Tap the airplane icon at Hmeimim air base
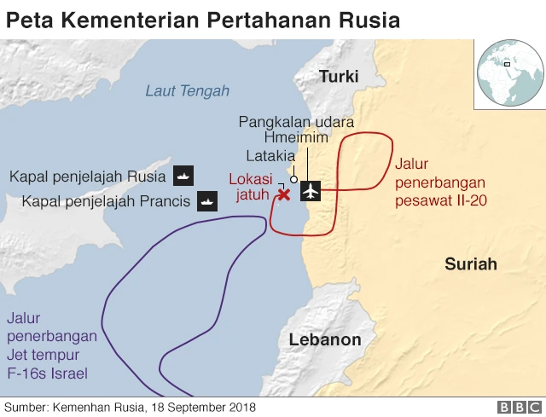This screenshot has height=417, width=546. (x=311, y=191)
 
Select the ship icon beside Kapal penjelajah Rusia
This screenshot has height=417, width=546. (x=184, y=177)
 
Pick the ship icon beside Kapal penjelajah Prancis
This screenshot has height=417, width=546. (x=207, y=202)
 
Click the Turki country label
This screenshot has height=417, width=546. (x=339, y=77)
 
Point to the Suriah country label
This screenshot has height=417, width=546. (x=470, y=264)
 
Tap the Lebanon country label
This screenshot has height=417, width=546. (x=325, y=339)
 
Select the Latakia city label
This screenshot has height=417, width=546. (x=270, y=156)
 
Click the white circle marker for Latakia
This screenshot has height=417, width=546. (x=293, y=179)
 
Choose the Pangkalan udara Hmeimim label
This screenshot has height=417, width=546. (x=296, y=130)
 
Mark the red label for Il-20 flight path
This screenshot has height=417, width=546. (x=439, y=182)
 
